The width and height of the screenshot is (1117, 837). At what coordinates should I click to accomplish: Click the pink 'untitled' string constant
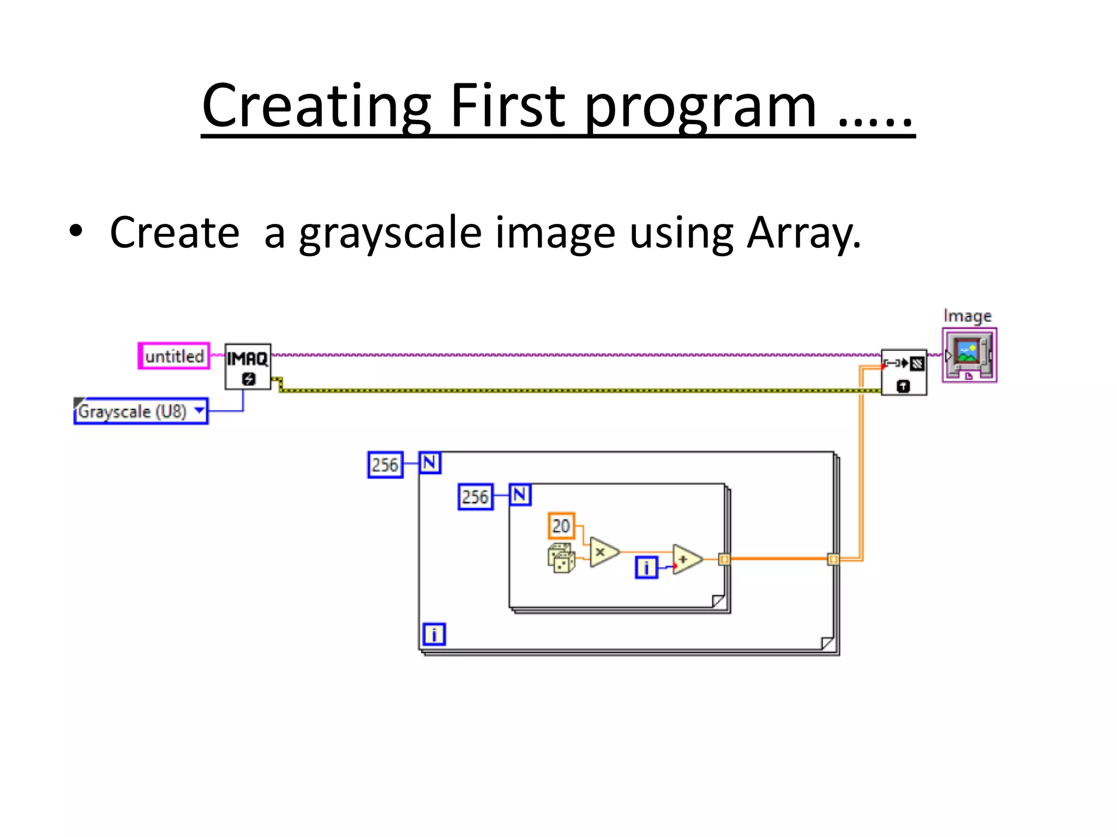[174, 356]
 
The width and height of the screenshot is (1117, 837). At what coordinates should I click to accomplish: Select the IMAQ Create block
[248, 367]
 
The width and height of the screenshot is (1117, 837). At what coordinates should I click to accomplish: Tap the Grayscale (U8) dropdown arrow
[200, 410]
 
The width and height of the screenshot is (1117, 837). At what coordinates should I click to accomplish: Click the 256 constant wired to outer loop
[385, 465]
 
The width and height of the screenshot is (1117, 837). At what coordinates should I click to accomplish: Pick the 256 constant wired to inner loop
[475, 496]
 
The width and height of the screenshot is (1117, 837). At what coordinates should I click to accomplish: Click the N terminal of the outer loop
[430, 463]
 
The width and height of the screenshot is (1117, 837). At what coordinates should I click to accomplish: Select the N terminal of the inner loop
[520, 495]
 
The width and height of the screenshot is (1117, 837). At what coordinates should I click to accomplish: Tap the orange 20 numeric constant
[561, 526]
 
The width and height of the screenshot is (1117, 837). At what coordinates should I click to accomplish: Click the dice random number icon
[561, 558]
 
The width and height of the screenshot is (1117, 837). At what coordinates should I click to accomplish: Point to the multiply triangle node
[603, 552]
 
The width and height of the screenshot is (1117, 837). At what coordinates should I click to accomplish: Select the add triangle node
[686, 559]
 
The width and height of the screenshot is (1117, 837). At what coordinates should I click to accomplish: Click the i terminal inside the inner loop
[646, 567]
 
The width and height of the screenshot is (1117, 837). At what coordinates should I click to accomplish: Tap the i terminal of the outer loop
[434, 634]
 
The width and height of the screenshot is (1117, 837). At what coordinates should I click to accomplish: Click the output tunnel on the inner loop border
[724, 559]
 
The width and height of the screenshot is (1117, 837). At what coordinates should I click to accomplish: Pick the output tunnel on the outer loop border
[833, 559]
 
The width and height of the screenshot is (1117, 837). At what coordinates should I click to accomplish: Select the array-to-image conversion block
[904, 372]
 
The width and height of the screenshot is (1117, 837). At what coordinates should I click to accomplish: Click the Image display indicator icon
[969, 355]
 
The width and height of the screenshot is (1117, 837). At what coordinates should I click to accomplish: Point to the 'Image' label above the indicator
[967, 316]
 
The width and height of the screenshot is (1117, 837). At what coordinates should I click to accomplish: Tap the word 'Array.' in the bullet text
[803, 233]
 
